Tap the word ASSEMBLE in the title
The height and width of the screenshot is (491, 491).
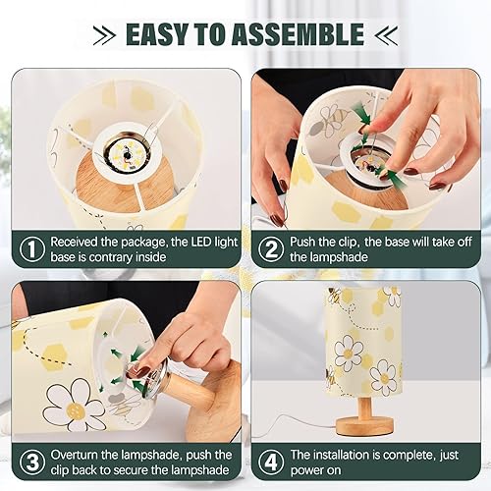[303, 35]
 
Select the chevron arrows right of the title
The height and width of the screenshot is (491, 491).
[387, 35]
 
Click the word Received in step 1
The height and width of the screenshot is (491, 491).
[77, 242]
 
